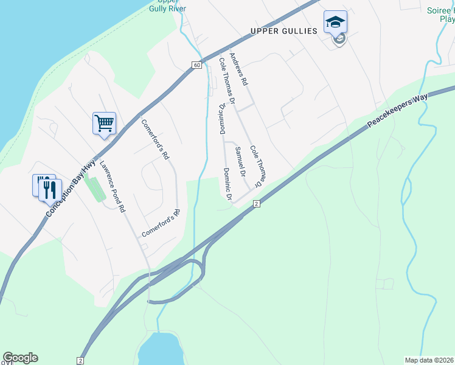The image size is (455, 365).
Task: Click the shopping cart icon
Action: pos(104,123)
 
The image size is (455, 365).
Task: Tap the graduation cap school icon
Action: pos(335,23)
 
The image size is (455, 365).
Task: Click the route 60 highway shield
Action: pos(196,65)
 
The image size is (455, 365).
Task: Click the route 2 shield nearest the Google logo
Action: pos(81,360)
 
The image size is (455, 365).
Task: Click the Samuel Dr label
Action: pos(240,161)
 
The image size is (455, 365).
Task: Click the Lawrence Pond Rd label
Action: pos(113,186)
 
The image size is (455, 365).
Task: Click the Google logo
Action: pos(20,358)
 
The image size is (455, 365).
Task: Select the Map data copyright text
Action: pos(429,360)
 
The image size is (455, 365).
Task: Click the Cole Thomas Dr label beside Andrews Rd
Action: pos(227,79)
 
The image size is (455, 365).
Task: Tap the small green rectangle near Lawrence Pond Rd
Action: pos(94,188)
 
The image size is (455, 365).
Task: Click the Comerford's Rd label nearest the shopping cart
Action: pos(155,139)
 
